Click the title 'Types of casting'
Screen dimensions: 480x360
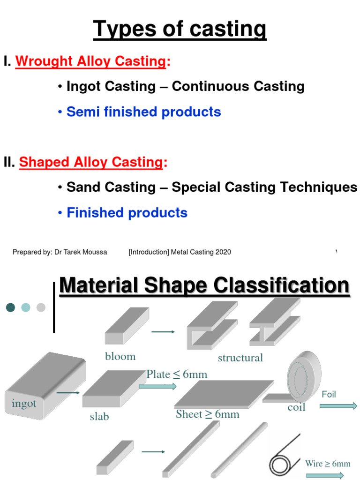pos(180,30)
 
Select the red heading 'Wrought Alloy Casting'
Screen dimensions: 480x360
pos(91,62)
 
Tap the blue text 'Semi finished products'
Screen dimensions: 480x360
pos(143,112)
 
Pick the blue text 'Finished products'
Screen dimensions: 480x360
pos(127,213)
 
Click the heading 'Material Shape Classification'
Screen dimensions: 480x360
pos(204,286)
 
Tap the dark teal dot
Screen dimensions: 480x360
pos(11,307)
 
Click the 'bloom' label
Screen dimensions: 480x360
pos(120,357)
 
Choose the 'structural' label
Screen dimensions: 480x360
pos(240,358)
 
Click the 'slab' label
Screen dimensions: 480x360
pos(99,416)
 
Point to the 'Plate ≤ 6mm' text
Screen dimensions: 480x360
pos(177,374)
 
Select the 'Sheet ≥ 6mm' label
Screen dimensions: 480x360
pos(208,414)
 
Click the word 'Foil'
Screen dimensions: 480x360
pos(329,395)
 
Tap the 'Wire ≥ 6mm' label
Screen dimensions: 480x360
pos(328,464)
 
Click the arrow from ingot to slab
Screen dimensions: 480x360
pos(68,392)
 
